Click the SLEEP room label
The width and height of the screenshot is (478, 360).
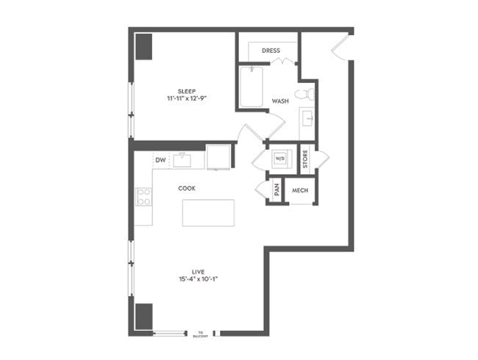pos(185,90)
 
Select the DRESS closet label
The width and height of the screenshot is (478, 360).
pos(271,51)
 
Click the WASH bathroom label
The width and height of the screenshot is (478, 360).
pos(280,101)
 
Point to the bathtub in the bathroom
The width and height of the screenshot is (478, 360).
pos(252,87)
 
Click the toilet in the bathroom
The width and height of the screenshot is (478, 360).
pos(304,94)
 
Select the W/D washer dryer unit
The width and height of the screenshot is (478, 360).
pos(280,158)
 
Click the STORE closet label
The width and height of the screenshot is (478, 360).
pos(305,159)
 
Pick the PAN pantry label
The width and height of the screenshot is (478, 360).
pos(277,190)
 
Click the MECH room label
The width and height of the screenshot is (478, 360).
pos(299,190)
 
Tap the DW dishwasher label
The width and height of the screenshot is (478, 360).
pos(160,159)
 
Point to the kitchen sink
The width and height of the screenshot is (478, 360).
pos(182,159)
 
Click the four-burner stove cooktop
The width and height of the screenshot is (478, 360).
pos(144,196)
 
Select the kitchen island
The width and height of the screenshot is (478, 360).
pos(208,212)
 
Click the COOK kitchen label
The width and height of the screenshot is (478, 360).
pos(187,188)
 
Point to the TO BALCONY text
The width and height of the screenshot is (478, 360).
pos(199,334)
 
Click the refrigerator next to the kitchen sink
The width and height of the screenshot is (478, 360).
pos(218,157)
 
